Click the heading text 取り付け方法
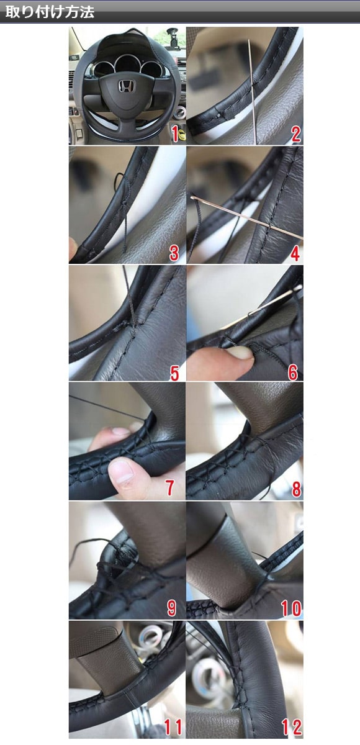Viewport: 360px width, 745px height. pos(50,12)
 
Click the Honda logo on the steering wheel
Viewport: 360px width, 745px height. pos(126,86)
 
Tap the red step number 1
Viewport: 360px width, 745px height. pos(175,133)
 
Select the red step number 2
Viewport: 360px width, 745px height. pos(295,133)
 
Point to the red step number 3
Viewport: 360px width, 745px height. pos(174,253)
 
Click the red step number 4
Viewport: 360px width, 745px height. pos(295,253)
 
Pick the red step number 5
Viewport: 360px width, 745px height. pos(174,372)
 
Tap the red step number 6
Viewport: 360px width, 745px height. pos(293,372)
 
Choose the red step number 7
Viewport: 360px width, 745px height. pos(170,488)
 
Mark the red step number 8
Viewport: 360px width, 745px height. pos(297,489)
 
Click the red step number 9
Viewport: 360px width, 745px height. pos(171,608)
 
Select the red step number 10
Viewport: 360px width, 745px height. pos(291,608)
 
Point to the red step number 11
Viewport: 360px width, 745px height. pos(173,727)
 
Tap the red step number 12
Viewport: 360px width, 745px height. pos(292,727)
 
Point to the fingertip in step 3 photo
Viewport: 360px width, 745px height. pos(73,248)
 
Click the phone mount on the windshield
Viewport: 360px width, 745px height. pos(173,39)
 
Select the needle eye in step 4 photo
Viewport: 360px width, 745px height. pos(194,198)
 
